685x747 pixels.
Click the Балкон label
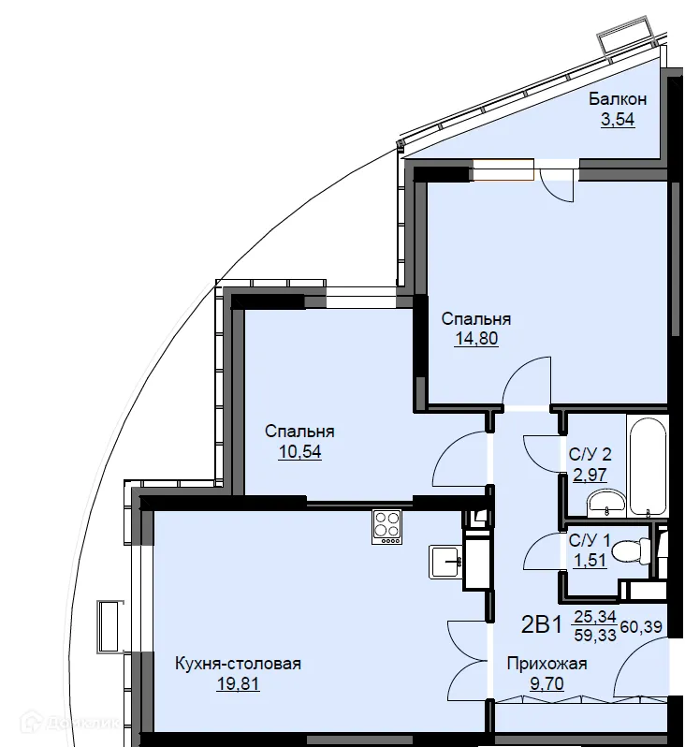[x=618, y=99]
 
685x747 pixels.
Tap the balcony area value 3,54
[x=618, y=119]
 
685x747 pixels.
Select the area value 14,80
[x=476, y=338]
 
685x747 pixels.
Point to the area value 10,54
[x=299, y=451]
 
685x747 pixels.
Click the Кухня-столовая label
[x=239, y=664]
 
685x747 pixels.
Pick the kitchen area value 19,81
[x=239, y=683]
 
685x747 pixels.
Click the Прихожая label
[x=547, y=664]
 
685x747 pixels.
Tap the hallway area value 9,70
[x=547, y=683]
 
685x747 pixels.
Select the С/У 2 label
[x=590, y=455]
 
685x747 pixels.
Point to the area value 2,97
[x=590, y=475]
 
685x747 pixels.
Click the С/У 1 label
[x=590, y=541]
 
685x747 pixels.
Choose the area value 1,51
[x=590, y=561]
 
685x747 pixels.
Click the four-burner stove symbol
[x=386, y=526]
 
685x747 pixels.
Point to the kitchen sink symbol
[x=445, y=563]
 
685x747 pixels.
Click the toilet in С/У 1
[x=631, y=551]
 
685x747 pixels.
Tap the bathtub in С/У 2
[x=648, y=466]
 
